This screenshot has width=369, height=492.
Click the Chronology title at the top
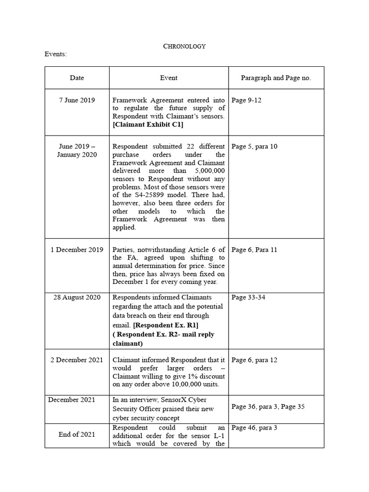click(x=184, y=46)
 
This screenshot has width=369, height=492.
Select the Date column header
click(x=77, y=78)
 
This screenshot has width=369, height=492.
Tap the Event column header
click(x=169, y=78)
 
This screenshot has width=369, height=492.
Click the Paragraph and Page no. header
click(x=276, y=78)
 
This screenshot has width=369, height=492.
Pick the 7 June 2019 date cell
click(x=77, y=100)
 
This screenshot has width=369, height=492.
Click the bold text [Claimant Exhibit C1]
click(x=148, y=125)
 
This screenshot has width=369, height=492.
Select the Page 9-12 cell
click(x=246, y=100)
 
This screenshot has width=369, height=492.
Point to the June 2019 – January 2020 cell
click(x=77, y=150)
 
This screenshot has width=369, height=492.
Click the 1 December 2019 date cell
click(x=77, y=250)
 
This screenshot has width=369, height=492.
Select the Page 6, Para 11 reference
click(x=254, y=250)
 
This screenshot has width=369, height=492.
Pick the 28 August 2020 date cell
click(x=77, y=297)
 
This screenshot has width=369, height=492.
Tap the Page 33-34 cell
click(x=248, y=297)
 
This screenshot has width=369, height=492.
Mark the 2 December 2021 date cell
click(x=77, y=360)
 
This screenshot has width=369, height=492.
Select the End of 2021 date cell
click(x=77, y=434)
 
